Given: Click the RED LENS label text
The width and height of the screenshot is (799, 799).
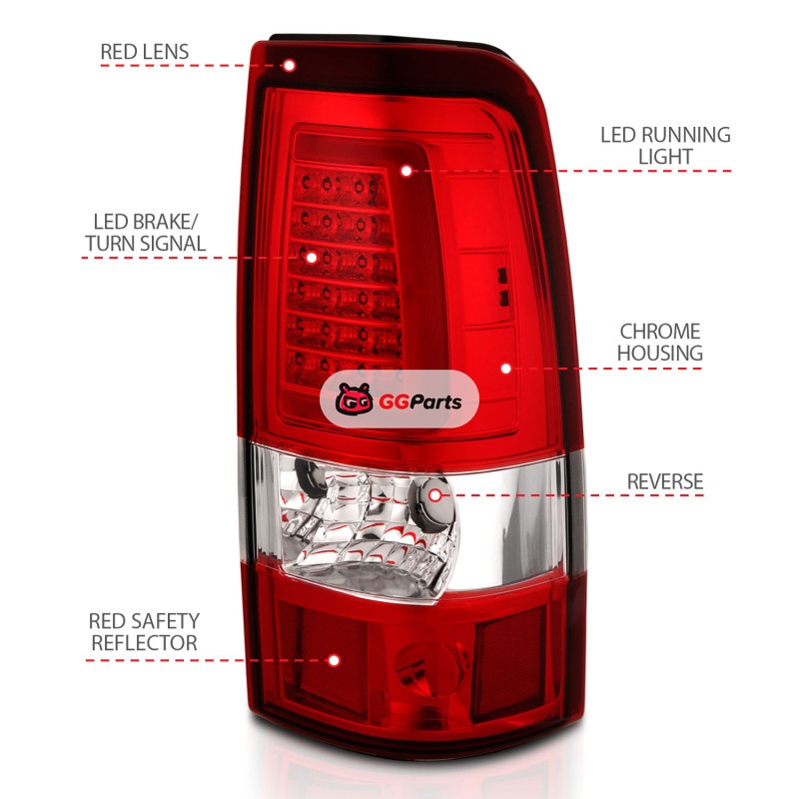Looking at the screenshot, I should pyautogui.click(x=144, y=51).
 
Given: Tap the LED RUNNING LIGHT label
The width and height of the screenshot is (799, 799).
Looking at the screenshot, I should pyautogui.click(x=665, y=145).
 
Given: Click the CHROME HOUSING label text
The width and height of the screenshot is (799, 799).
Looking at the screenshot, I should pyautogui.click(x=659, y=342).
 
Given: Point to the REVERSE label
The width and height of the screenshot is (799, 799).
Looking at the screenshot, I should pyautogui.click(x=665, y=481).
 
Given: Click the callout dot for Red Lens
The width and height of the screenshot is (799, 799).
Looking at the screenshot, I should pyautogui.click(x=289, y=66).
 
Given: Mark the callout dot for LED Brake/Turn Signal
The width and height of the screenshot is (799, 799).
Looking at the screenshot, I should pyautogui.click(x=311, y=257).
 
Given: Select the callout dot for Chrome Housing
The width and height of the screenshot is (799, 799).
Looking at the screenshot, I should pyautogui.click(x=505, y=369).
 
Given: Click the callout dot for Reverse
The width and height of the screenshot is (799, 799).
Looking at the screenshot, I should pyautogui.click(x=434, y=492).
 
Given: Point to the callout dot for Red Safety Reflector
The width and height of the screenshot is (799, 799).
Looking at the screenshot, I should pyautogui.click(x=334, y=660).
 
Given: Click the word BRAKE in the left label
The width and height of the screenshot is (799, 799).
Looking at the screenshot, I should pyautogui.click(x=169, y=221).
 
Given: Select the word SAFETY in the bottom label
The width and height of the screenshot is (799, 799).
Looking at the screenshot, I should pyautogui.click(x=167, y=620).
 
